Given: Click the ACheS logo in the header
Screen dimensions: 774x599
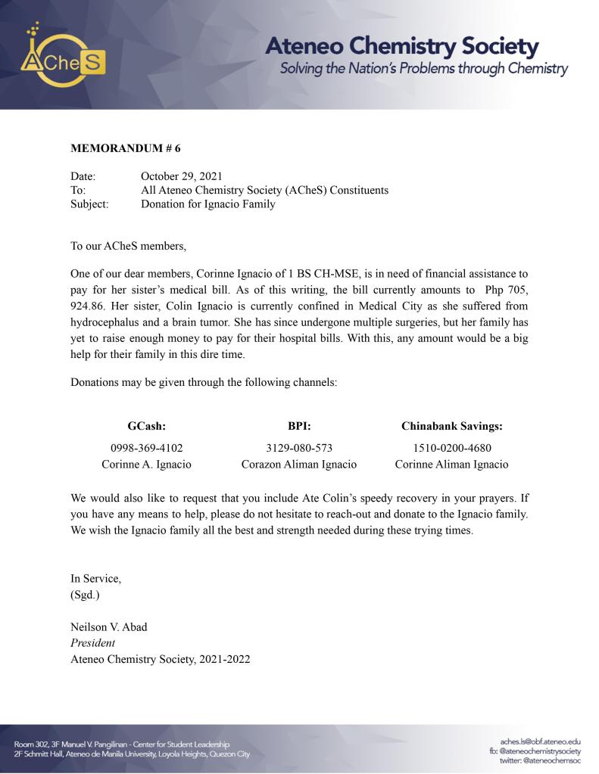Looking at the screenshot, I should (64, 57).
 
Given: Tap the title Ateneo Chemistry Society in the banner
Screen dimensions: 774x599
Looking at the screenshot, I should (401, 46).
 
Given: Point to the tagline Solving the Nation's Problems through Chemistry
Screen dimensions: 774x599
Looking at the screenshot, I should (423, 69).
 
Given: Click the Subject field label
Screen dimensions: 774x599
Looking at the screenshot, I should (89, 204).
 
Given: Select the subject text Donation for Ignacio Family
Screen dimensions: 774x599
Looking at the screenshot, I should (208, 204).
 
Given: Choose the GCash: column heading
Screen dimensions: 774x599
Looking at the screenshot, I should (146, 427).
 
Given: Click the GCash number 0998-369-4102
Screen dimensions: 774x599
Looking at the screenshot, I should (146, 448).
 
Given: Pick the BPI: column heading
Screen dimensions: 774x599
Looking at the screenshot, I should (299, 427).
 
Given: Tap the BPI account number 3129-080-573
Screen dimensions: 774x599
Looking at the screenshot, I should (299, 448).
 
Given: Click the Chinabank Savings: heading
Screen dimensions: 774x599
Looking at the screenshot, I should (451, 427).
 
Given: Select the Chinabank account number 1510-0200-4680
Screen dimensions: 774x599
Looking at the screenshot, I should (451, 448).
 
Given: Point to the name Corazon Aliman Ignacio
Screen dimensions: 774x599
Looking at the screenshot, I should (299, 465).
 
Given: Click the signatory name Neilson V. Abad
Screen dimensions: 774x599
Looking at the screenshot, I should (109, 628).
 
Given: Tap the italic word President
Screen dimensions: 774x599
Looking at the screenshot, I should (92, 643).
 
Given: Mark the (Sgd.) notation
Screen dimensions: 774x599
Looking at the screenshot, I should (85, 594).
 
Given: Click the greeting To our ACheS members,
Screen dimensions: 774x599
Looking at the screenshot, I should (127, 246).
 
